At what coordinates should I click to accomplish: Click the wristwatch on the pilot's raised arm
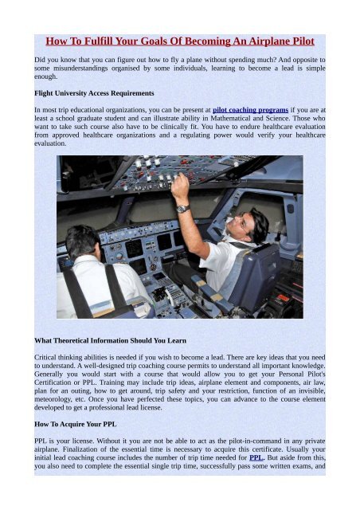[x=182, y=209]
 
